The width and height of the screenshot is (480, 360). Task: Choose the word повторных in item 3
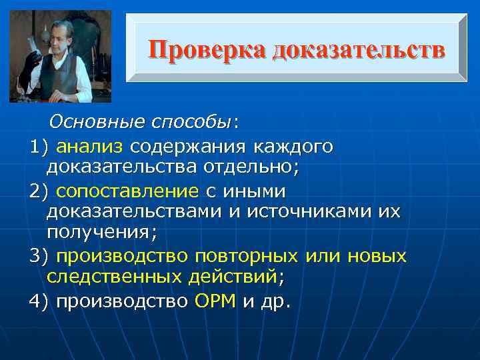(x=246, y=255)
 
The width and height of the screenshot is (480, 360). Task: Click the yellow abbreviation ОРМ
(x=215, y=301)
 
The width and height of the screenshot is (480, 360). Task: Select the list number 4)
(x=39, y=301)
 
